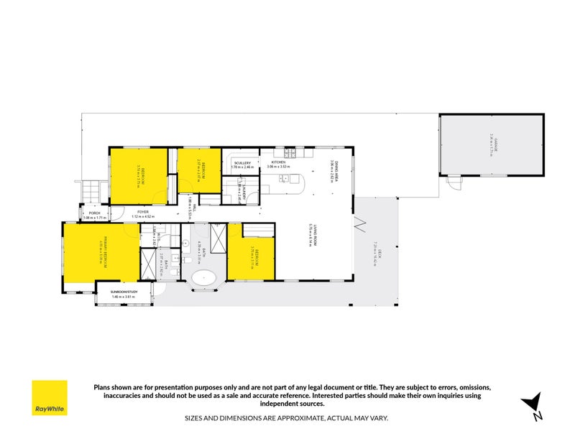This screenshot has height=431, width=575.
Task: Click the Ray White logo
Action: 50,398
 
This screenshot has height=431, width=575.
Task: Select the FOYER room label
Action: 143,212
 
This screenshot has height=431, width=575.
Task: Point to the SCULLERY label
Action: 242,163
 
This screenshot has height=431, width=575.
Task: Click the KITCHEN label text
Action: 278,163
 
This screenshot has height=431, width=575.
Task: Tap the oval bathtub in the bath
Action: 206,277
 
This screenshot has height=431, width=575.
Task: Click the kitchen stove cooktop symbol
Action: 290,153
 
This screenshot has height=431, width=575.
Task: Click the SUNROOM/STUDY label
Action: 124,292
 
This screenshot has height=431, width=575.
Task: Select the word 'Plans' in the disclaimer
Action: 103,387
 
